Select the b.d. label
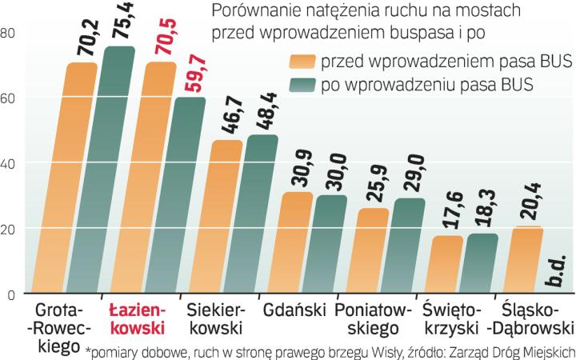pyautogui.click(x=556, y=267)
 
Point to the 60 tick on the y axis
pyautogui.click(x=10, y=98)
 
